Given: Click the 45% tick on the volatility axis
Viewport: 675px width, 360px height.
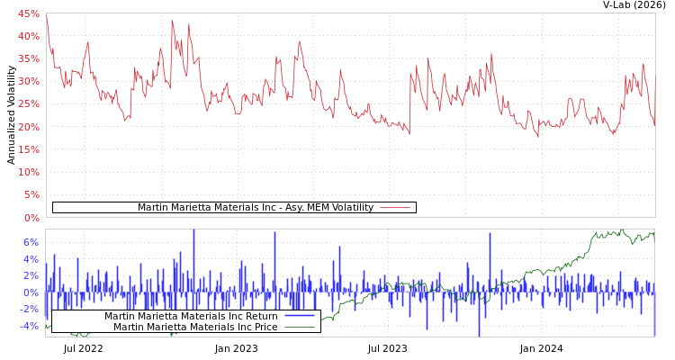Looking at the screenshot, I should pos(28,13).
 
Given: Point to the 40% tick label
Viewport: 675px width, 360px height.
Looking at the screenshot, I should pos(28,36).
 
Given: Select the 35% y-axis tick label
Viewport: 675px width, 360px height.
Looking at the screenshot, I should pos(28,58).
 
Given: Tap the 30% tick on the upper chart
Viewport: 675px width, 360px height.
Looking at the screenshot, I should pos(28,81).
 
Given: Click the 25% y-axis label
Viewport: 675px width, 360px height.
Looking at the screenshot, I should pos(28,103).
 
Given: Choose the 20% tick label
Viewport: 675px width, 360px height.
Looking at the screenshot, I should pos(28,127).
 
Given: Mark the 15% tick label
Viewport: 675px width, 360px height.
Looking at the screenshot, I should pos(28,149).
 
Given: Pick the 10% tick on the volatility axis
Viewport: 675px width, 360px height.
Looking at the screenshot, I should pos(28,172).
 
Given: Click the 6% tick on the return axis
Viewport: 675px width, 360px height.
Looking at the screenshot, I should pos(30,242).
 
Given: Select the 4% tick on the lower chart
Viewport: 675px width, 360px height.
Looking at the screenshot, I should pos(30,259).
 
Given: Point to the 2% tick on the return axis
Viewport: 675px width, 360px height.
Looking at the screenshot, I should pos(30,275).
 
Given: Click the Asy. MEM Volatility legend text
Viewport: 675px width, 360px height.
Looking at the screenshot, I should pos(255,208).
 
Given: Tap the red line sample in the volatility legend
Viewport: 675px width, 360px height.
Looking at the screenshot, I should pos(395,208).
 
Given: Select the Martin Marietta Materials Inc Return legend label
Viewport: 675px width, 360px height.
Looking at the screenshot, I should pos(191,316).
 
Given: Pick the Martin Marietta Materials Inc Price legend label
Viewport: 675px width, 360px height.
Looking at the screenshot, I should pos(194,327).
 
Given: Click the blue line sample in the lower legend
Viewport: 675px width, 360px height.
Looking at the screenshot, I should pos(299,316).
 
